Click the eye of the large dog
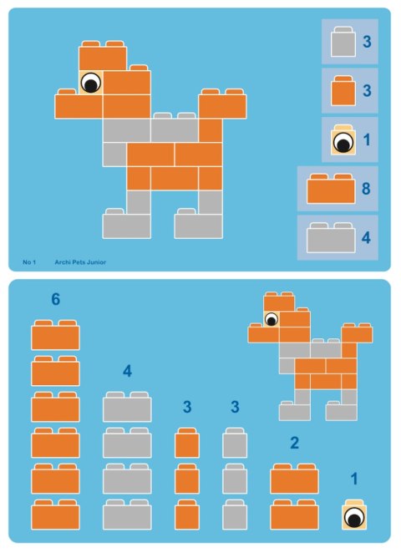pyautogui.click(x=91, y=82)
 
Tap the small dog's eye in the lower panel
pyautogui.click(x=271, y=319)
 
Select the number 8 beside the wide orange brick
pyautogui.click(x=366, y=188)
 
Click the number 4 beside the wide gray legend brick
pyautogui.click(x=366, y=236)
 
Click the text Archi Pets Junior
pyautogui.click(x=80, y=262)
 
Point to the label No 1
pyautogui.click(x=29, y=262)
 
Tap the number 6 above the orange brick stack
pyautogui.click(x=55, y=299)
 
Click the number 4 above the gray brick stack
pyautogui.click(x=127, y=371)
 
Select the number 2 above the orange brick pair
pyautogui.click(x=294, y=443)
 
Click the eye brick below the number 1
pyautogui.click(x=354, y=517)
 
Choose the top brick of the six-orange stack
pyautogui.click(x=55, y=336)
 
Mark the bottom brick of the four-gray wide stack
pyautogui.click(x=127, y=515)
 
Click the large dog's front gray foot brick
pyautogui.click(x=127, y=225)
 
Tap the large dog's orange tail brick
pyautogui.click(x=222, y=105)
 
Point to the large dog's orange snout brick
pyautogui.click(x=79, y=105)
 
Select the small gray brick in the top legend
pyautogui.click(x=341, y=43)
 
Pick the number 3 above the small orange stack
pyautogui.click(x=187, y=407)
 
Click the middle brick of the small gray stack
pyautogui.click(x=235, y=479)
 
